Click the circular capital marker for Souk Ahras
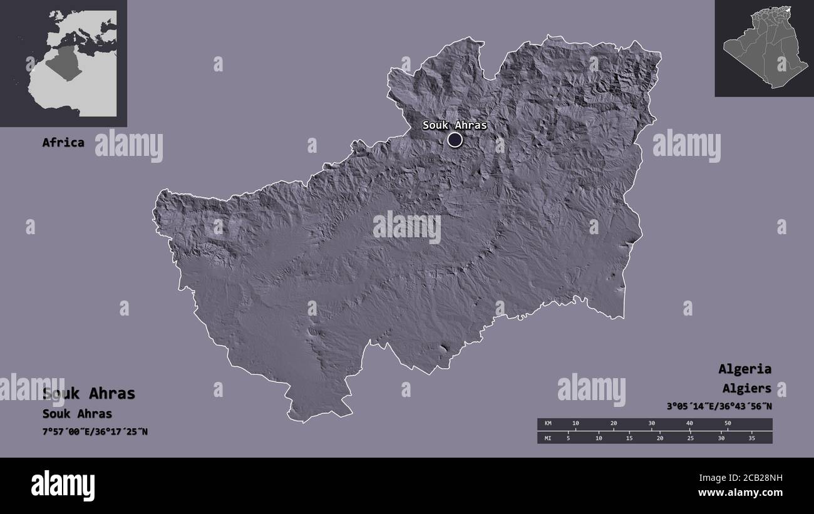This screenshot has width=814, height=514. pos(455,140)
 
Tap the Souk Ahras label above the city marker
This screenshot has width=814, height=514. pos(455,125)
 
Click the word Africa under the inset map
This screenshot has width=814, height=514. pos(63,142)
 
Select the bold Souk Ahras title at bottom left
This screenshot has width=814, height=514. pos(89,393)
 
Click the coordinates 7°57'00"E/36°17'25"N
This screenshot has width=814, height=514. pos(95,431)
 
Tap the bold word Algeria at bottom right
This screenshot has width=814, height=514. pos(744,369)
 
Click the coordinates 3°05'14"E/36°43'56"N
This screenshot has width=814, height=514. pos(719,406)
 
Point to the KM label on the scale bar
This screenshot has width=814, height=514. pos(549,424)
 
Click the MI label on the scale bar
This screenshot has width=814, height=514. pos(549,438)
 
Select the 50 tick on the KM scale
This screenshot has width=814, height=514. pos(728,424)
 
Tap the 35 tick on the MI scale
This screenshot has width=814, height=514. pos(752,438)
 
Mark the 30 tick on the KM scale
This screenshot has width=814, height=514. pos(651,424)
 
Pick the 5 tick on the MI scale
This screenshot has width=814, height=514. pos(568,438)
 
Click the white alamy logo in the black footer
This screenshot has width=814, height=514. pos(63,486)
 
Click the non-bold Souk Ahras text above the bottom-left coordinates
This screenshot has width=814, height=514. pos(77,414)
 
